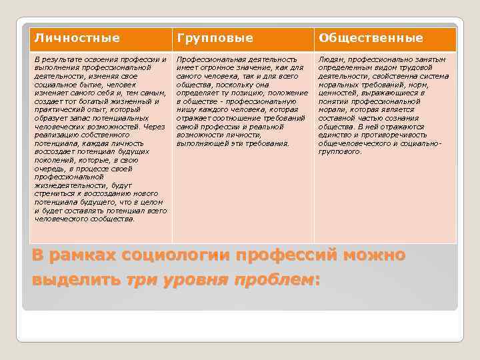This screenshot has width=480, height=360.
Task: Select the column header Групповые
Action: (x=205, y=38)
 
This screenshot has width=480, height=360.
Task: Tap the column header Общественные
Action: (x=361, y=38)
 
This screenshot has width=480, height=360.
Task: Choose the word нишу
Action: (x=187, y=109)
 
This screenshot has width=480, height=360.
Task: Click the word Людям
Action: (x=331, y=59)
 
